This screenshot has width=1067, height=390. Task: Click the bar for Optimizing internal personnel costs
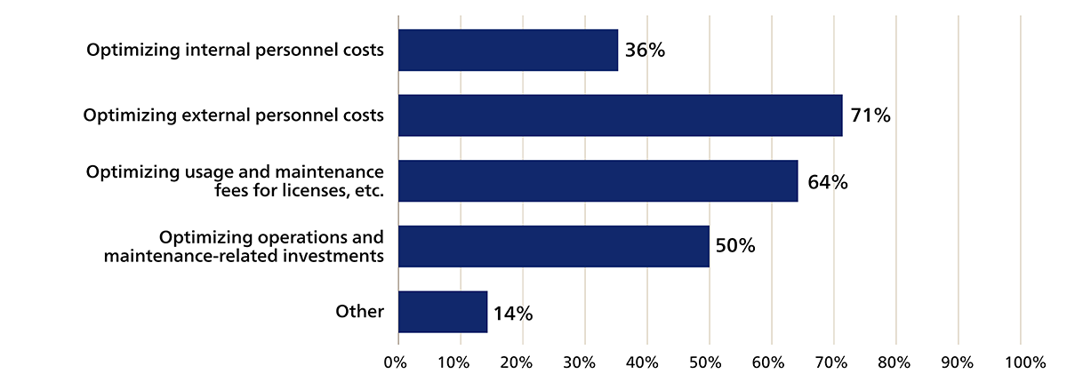(x=508, y=50)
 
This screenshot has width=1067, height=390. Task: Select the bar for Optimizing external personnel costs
(x=620, y=115)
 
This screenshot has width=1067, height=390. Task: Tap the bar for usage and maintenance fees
(x=598, y=181)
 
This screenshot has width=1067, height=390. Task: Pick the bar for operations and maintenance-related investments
(x=553, y=246)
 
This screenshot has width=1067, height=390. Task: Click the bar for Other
(x=443, y=312)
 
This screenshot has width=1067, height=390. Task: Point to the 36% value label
(x=645, y=50)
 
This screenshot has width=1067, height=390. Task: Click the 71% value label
(x=870, y=115)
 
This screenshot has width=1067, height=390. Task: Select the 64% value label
(x=827, y=182)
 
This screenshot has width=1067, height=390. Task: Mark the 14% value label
(x=512, y=313)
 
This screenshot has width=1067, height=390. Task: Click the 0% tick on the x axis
(x=395, y=362)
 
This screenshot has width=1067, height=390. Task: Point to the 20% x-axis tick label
(x=517, y=362)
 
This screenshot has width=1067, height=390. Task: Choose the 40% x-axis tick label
(x=641, y=362)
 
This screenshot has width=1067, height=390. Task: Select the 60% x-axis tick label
(x=766, y=362)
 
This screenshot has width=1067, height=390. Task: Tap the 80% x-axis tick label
(x=890, y=362)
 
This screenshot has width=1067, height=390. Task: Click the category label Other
(x=359, y=312)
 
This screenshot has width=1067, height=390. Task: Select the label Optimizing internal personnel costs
(x=235, y=50)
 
